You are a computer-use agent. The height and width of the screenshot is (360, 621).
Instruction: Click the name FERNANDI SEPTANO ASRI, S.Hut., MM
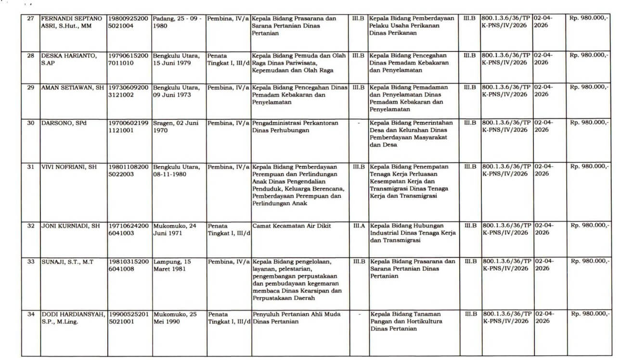(71, 22)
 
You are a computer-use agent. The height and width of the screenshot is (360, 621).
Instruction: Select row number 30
(30, 123)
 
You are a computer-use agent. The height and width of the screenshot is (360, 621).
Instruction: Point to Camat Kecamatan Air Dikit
(291, 226)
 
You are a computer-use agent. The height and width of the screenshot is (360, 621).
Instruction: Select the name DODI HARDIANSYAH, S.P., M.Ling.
(73, 318)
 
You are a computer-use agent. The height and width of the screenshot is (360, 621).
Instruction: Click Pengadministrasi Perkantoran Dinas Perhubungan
(295, 127)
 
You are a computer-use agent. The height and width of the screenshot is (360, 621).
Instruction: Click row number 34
(30, 314)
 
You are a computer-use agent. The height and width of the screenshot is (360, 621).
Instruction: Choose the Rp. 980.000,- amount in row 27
(589, 18)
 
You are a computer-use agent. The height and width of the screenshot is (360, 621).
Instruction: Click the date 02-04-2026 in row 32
(543, 229)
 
